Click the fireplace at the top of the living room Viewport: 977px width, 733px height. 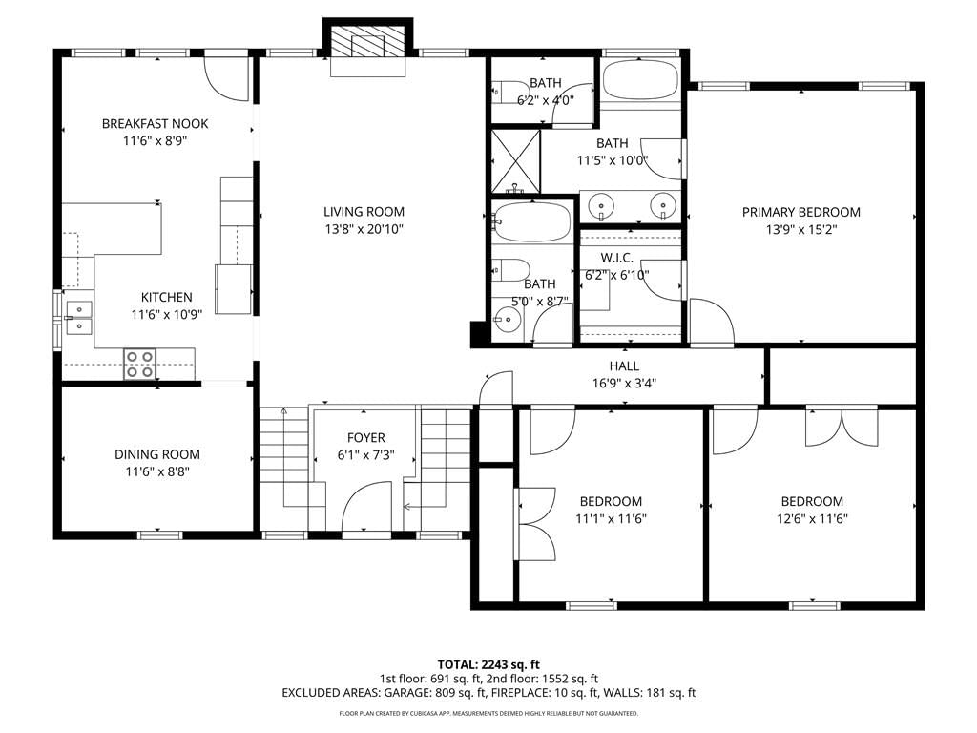pyautogui.click(x=367, y=46)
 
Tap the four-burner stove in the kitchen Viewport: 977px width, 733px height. pyautogui.click(x=139, y=364)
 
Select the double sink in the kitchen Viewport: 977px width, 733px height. pyautogui.click(x=78, y=317)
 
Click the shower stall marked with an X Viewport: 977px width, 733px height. pyautogui.click(x=515, y=161)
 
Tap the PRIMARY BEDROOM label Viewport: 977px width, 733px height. pyautogui.click(x=800, y=212)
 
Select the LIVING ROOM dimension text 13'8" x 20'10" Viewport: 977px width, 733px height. pyautogui.click(x=364, y=229)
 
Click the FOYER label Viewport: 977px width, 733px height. pyautogui.click(x=365, y=437)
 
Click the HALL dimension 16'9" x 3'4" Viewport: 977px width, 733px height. pyautogui.click(x=624, y=383)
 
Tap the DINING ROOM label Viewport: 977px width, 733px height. pyautogui.click(x=157, y=454)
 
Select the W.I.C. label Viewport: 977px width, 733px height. pyautogui.click(x=616, y=258)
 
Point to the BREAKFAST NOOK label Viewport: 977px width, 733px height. pyautogui.click(x=155, y=123)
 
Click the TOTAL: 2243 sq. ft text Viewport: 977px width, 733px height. pyautogui.click(x=488, y=664)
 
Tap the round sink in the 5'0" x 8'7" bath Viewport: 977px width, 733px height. pyautogui.click(x=506, y=322)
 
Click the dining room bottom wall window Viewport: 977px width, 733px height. pyautogui.click(x=159, y=534)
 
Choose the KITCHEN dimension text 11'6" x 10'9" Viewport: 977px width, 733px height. pyautogui.click(x=166, y=314)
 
